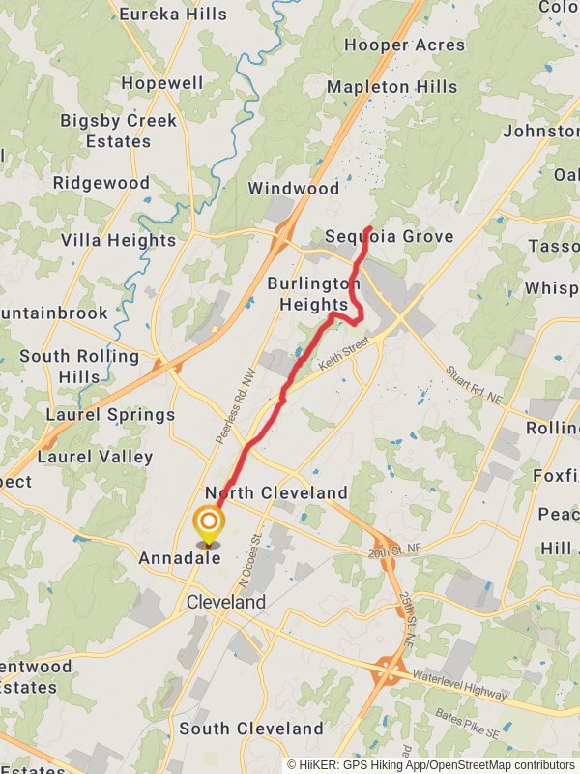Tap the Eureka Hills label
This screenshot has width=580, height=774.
pyautogui.click(x=173, y=14)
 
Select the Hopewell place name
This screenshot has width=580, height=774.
pyautogui.click(x=162, y=83)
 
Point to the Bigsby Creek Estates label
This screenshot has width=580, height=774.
pyautogui.click(x=119, y=131)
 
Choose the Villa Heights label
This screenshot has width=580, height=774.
pyautogui.click(x=119, y=240)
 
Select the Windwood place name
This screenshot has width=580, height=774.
pyautogui.click(x=294, y=188)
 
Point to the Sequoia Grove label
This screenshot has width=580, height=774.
pyautogui.click(x=389, y=237)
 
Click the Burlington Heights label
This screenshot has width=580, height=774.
pyautogui.click(x=313, y=294)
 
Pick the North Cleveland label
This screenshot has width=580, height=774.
pyautogui.click(x=275, y=493)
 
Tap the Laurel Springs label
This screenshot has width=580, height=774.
pyautogui.click(x=110, y=415)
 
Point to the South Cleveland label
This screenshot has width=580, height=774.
pyautogui.click(x=250, y=729)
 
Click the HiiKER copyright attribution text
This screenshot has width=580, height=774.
pyautogui.click(x=430, y=764)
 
